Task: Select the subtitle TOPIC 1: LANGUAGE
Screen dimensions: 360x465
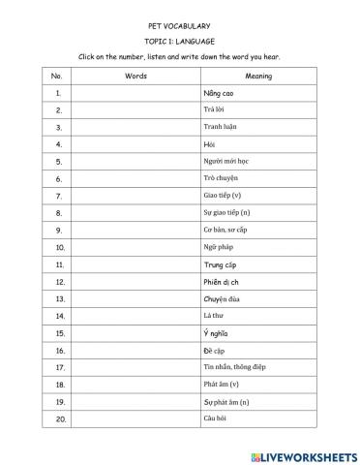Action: point(179,41)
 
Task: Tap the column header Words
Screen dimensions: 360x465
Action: point(135,76)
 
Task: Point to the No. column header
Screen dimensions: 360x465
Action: point(58,76)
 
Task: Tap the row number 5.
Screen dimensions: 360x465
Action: point(58,161)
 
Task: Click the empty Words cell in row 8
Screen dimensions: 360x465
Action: point(135,212)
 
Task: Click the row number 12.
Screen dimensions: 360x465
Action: point(58,281)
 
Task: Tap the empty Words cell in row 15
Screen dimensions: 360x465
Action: point(135,332)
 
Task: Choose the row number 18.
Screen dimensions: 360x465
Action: point(58,385)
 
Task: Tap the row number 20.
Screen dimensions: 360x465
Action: point(58,418)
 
